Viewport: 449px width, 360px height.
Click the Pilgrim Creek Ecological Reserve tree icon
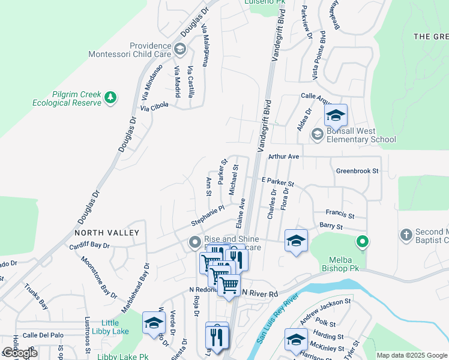110,97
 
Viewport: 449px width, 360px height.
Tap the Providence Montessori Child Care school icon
179,49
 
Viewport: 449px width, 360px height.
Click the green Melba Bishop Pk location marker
362,243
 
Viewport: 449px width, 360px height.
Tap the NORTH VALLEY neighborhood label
107,233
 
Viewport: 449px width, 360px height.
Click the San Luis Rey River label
277,319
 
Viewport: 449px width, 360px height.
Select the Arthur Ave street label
283,156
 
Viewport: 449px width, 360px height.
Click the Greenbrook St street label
357,171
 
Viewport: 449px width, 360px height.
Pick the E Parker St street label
277,181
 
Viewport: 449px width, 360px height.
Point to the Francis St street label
340,213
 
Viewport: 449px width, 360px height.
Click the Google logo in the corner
20,353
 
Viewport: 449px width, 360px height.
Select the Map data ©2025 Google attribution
411,355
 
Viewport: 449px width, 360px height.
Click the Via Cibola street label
155,106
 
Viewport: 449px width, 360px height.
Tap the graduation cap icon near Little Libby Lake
154,323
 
